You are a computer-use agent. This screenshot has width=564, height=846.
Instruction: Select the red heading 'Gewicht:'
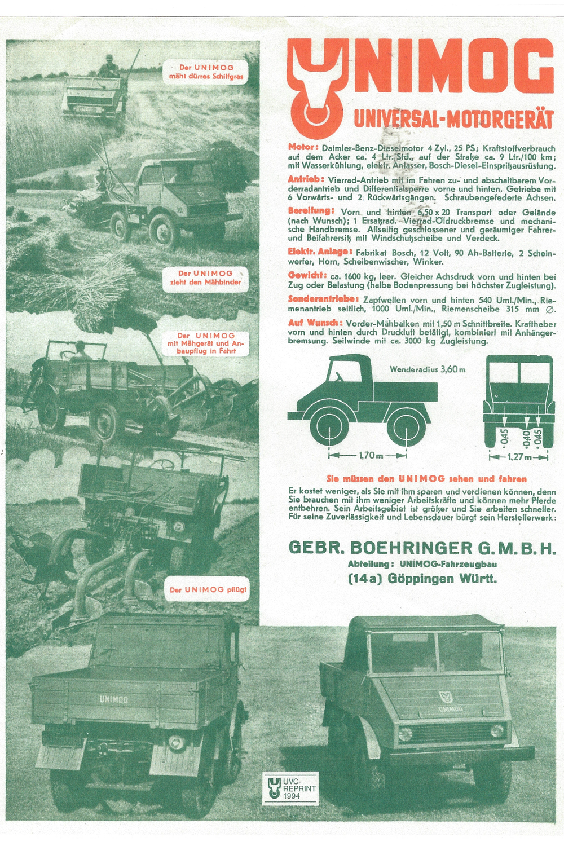point(307,276)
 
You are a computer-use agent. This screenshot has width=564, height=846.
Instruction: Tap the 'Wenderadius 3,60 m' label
point(428,369)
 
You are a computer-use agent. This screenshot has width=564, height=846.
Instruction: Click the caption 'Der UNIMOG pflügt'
point(208,590)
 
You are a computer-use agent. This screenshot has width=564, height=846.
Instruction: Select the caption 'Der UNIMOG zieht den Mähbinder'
point(205,277)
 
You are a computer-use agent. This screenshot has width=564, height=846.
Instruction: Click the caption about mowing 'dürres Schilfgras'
point(206,72)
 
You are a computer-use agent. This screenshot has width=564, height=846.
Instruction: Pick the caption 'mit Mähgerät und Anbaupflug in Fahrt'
point(205,343)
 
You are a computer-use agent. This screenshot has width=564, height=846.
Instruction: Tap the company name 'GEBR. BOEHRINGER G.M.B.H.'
point(422,548)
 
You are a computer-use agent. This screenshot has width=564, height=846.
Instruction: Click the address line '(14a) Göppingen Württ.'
point(422,579)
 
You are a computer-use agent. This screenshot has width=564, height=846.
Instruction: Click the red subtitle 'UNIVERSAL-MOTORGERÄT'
point(453,119)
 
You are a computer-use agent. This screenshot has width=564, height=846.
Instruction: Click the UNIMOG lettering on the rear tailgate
point(114,699)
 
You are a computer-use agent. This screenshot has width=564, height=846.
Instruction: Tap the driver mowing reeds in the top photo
point(109,67)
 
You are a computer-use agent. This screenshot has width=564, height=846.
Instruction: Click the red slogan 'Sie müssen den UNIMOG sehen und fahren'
point(426,479)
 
